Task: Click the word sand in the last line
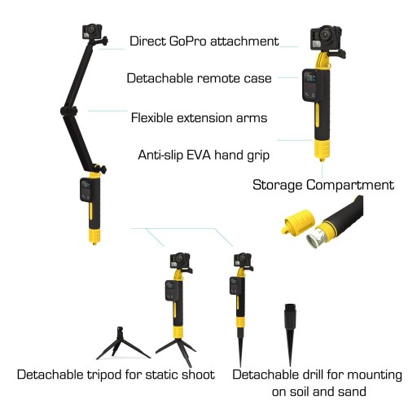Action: pyautogui.click(x=352, y=392)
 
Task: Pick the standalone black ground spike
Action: pyautogui.click(x=290, y=334)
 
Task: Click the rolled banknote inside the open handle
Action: pyautogui.click(x=315, y=237)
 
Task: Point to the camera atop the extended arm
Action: pyautogui.click(x=93, y=33)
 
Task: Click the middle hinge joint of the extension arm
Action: pyautogui.click(x=68, y=112)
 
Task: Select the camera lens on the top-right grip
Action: pyautogui.click(x=325, y=34)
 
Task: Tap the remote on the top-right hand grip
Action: pyautogui.click(x=310, y=85)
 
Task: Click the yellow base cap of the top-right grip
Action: pyautogui.click(x=322, y=150)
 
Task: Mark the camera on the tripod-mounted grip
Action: pyautogui.click(x=179, y=261)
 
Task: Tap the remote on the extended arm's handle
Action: pyautogui.click(x=86, y=190)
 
